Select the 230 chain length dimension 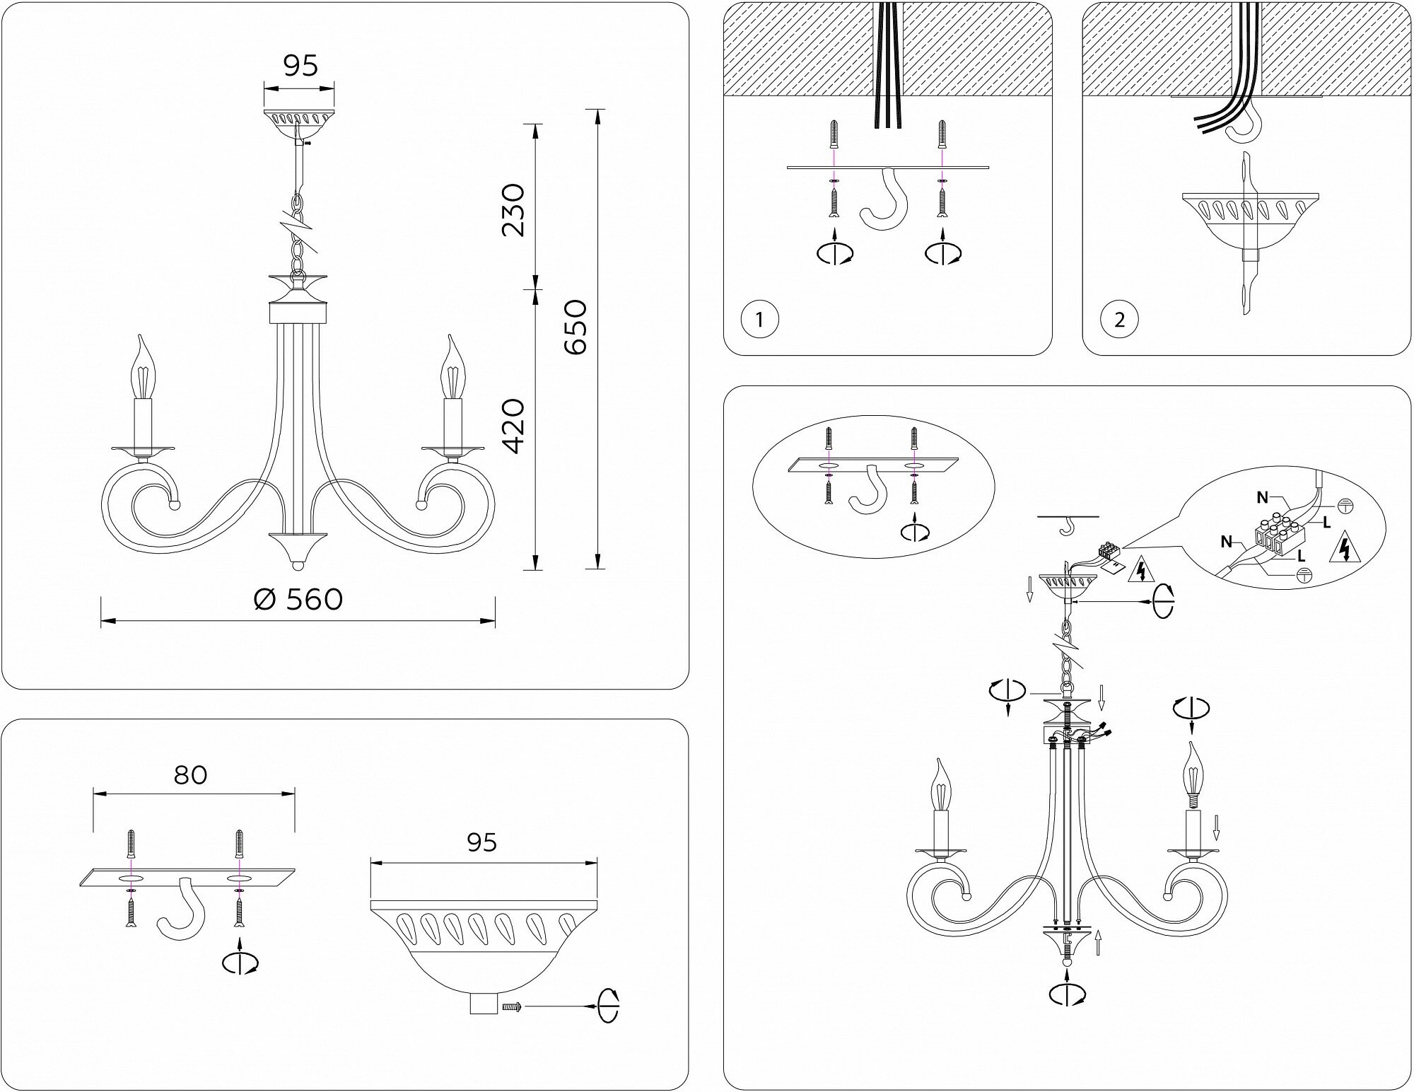tap(513, 210)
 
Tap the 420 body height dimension tap(513, 426)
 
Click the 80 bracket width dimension tap(190, 775)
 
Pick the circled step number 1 tap(759, 320)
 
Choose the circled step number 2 tap(1118, 320)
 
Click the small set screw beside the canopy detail tap(510, 1006)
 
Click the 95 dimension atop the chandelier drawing tap(300, 66)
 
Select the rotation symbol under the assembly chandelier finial tap(1068, 994)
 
